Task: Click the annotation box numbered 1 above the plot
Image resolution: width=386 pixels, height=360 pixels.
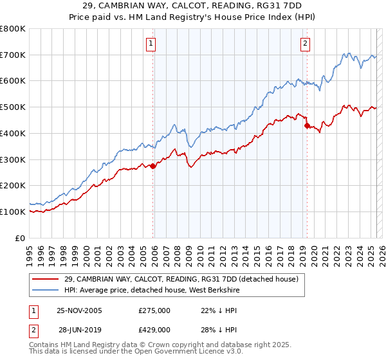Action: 151,44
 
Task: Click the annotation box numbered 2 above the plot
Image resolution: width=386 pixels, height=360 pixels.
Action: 305,44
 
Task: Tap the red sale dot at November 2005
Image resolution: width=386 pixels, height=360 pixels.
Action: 153,166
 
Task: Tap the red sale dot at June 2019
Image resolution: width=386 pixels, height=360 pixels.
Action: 307,125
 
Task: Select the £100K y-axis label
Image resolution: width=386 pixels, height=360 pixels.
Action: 13,212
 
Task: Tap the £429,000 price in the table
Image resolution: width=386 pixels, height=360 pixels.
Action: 154,329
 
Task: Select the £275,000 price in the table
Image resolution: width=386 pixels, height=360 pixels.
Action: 154,310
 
